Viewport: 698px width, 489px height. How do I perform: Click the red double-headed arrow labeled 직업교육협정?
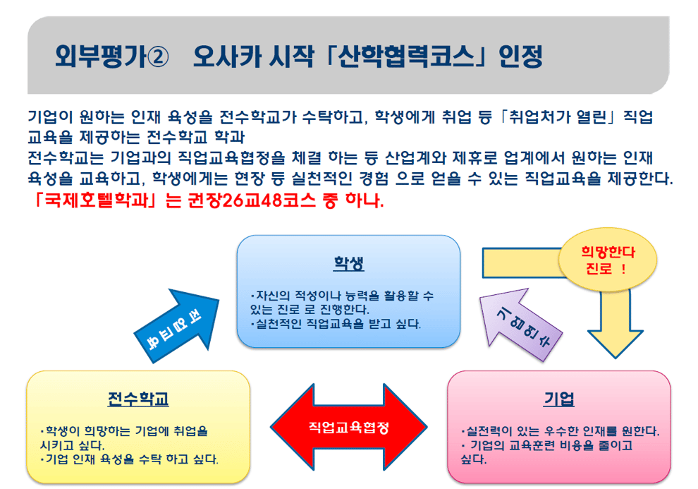348,427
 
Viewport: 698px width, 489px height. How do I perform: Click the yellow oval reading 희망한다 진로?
608,260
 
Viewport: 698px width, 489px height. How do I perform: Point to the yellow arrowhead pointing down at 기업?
616,343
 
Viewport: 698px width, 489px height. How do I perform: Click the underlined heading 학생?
349,263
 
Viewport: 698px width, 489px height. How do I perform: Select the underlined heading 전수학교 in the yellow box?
138,399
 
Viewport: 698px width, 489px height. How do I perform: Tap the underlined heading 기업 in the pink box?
559,399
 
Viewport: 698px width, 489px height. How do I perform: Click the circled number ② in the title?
158,57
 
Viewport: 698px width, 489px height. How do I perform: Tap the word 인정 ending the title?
520,56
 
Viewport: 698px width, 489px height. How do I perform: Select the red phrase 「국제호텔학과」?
94,200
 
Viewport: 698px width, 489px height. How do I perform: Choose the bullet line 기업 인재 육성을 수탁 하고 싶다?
129,459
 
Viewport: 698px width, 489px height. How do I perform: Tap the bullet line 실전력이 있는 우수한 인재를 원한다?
560,431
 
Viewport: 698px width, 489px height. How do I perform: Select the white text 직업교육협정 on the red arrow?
349,428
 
